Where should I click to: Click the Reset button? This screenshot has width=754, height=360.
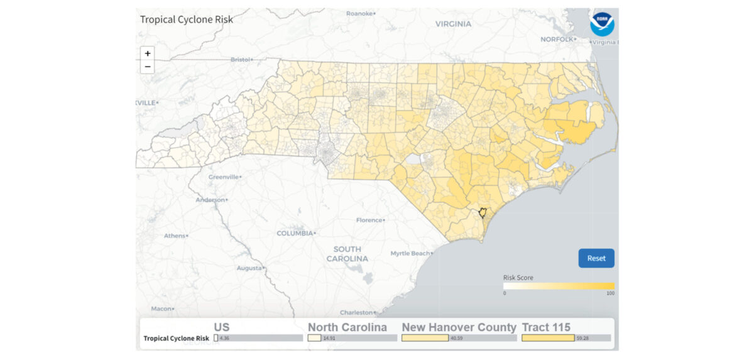[596, 258]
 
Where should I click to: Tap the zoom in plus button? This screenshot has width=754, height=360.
[148, 53]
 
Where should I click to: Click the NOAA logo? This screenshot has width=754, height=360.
[602, 24]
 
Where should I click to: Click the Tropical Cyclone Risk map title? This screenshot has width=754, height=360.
[187, 19]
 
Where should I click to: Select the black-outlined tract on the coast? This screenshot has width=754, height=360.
[483, 214]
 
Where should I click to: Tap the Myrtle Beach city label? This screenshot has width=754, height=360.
[410, 253]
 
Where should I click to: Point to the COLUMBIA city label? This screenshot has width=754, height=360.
[295, 233]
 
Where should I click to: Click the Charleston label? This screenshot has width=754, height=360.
[356, 312]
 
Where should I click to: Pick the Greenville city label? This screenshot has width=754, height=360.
[223, 177]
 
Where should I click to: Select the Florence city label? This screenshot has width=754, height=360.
[369, 220]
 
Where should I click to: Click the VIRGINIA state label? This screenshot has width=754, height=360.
[453, 24]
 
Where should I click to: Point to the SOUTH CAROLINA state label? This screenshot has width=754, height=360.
[347, 254]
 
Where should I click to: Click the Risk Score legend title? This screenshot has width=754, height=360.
[518, 277]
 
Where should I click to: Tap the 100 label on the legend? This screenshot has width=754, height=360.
[610, 293]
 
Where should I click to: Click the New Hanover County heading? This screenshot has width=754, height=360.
[459, 327]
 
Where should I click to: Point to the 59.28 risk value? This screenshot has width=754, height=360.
[582, 338]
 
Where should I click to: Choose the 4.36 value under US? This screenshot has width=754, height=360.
[225, 338]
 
